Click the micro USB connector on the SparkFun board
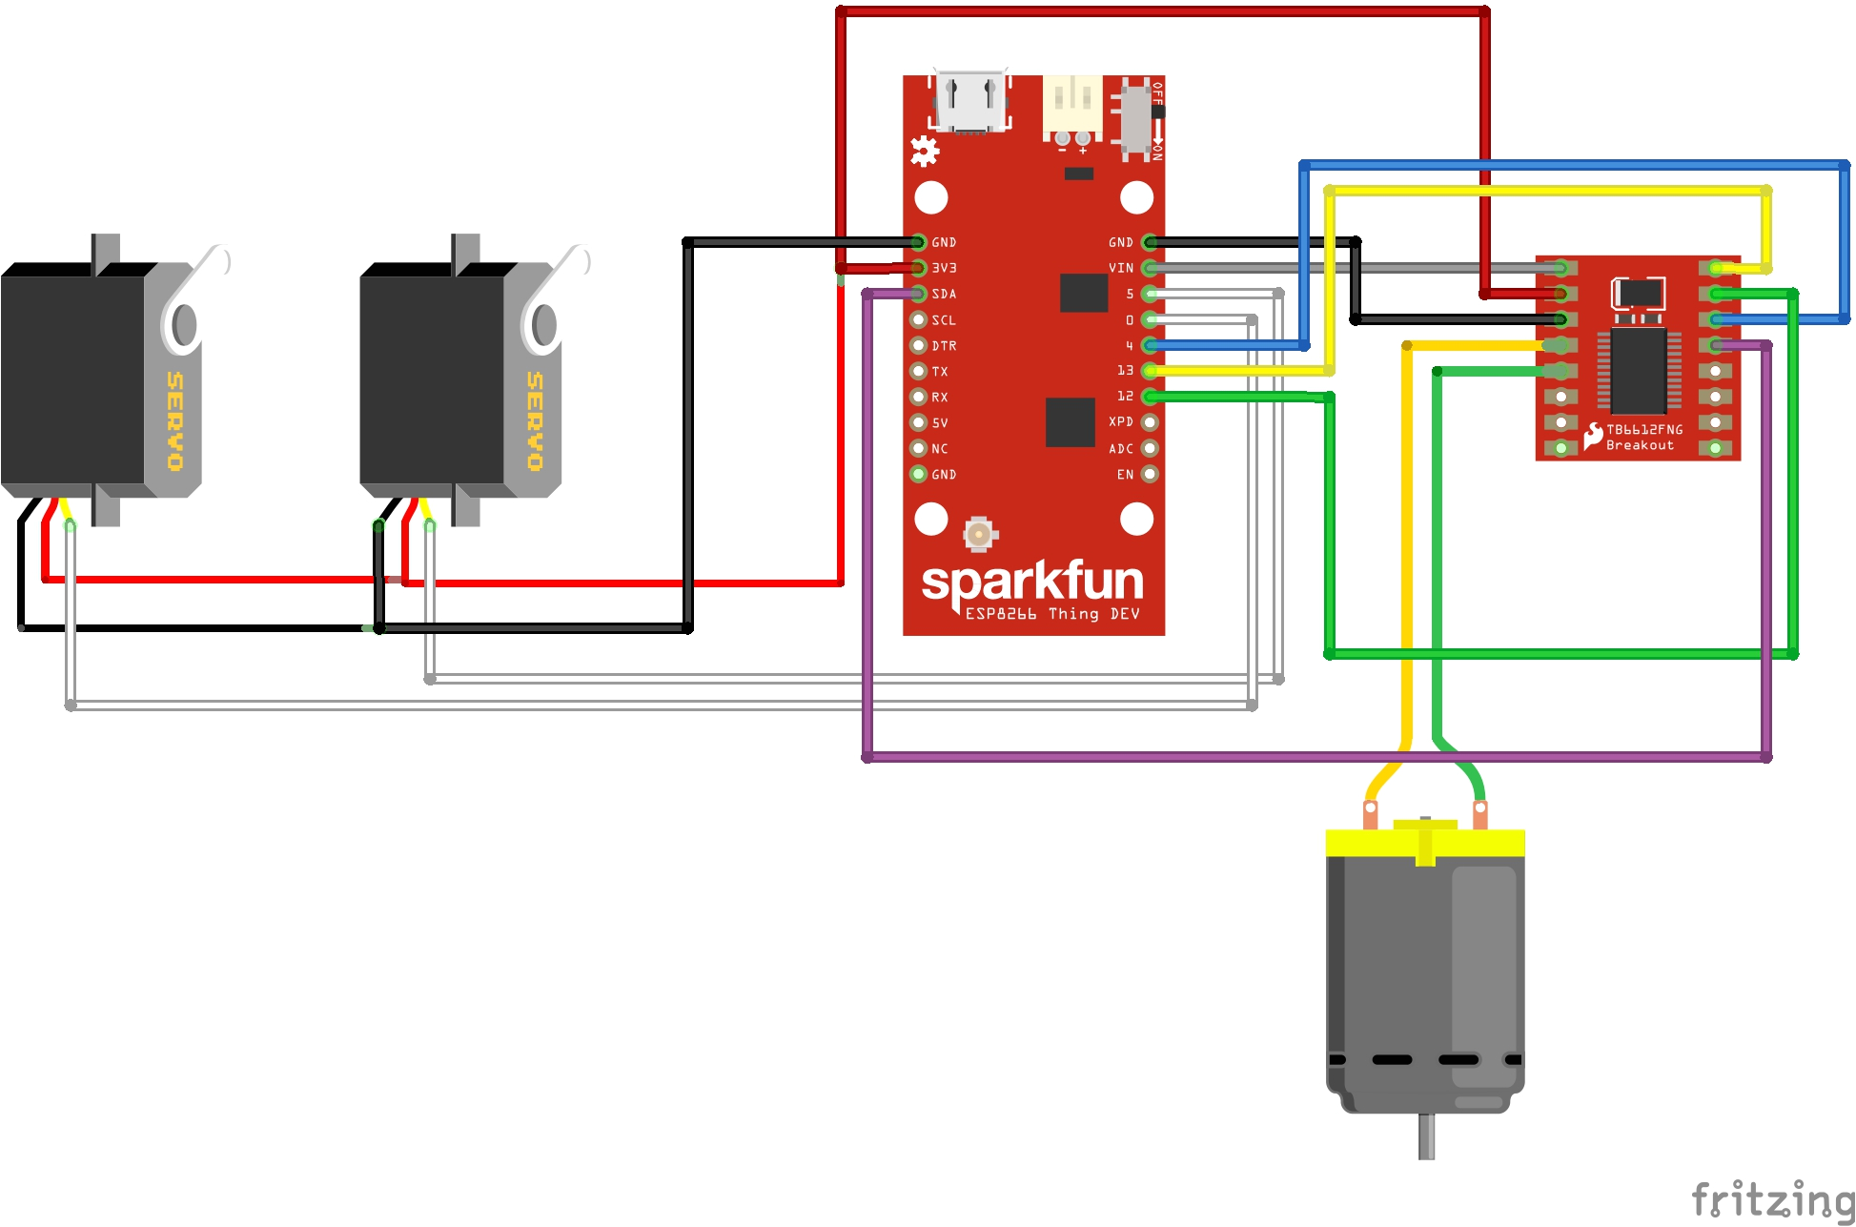click(970, 101)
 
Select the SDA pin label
click(944, 294)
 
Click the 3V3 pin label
click(944, 268)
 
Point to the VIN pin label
click(1121, 268)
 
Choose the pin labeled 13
click(1125, 370)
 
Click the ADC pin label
click(1121, 448)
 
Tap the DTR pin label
click(944, 345)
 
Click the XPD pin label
click(1121, 421)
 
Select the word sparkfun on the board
click(1032, 582)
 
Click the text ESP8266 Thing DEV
click(1051, 614)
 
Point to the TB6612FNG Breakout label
click(1643, 438)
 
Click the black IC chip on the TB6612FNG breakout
click(1639, 371)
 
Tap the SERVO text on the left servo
click(175, 420)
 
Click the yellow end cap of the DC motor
click(1425, 842)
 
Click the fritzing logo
click(1772, 1198)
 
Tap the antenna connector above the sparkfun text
click(978, 534)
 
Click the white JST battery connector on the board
click(1072, 104)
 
